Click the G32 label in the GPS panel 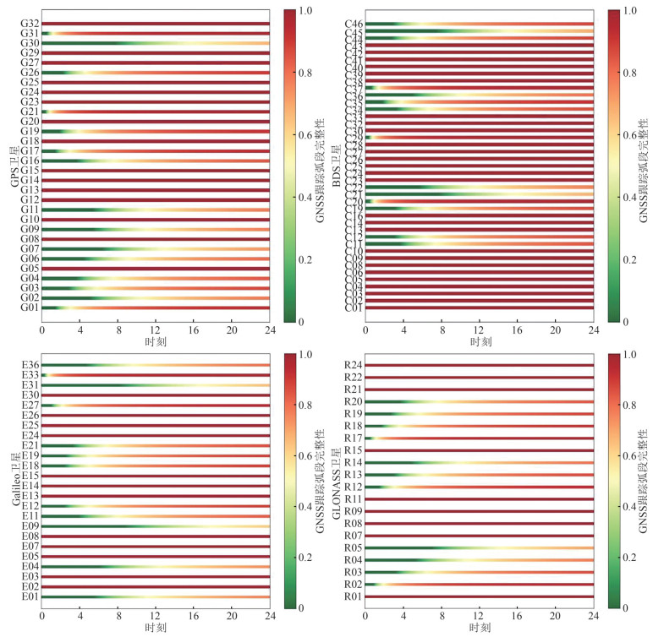point(29,24)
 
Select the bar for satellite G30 point(155,42)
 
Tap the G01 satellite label point(29,308)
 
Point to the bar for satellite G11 point(155,210)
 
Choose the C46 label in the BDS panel point(354,24)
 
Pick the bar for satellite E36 point(155,364)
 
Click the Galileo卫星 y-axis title point(13,482)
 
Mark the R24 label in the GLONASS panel point(354,365)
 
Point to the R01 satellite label point(354,597)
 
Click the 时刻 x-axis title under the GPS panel point(155,341)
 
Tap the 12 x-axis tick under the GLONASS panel point(480,616)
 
